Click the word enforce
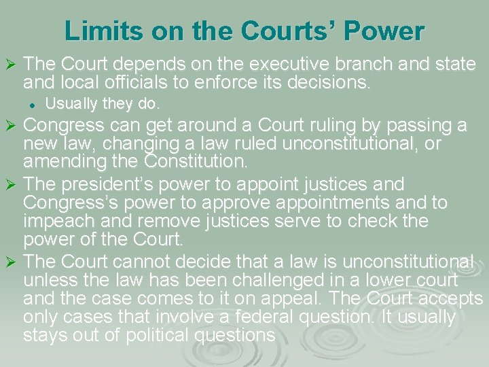[236, 84]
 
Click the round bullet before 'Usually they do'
[31, 105]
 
